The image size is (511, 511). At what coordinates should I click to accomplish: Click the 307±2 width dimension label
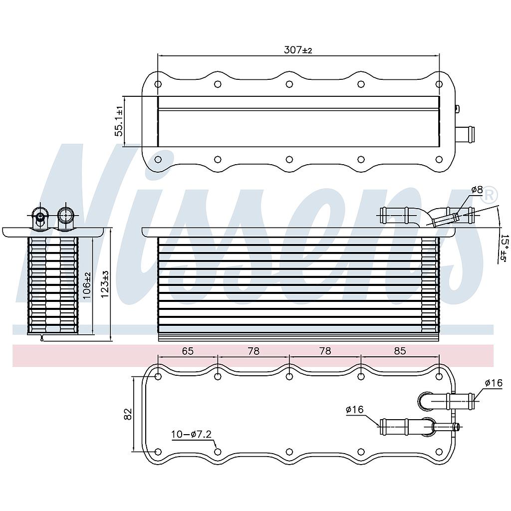point(298,50)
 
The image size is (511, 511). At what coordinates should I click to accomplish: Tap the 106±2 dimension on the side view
point(87,286)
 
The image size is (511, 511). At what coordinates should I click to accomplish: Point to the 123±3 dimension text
point(105,284)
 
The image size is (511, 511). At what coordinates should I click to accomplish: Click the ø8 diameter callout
point(477,190)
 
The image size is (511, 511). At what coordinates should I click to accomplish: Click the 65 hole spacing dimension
point(187,351)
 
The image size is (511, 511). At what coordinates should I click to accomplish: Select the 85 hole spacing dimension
point(400,351)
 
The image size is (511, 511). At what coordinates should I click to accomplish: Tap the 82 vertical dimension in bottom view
point(128,414)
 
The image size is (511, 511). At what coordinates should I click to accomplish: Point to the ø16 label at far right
point(493,383)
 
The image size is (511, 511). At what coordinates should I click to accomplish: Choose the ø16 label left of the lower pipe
point(354,410)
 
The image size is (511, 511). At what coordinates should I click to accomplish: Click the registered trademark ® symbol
point(491,193)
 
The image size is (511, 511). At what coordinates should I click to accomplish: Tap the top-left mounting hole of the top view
point(158,84)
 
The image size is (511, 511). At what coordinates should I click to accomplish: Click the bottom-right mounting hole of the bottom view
point(439,452)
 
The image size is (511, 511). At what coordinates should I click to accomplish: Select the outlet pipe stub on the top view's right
point(465,134)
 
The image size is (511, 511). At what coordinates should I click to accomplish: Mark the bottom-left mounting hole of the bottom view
point(158,452)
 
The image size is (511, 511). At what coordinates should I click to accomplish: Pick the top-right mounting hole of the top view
point(439,84)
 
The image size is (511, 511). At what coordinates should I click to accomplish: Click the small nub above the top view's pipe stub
point(457,108)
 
